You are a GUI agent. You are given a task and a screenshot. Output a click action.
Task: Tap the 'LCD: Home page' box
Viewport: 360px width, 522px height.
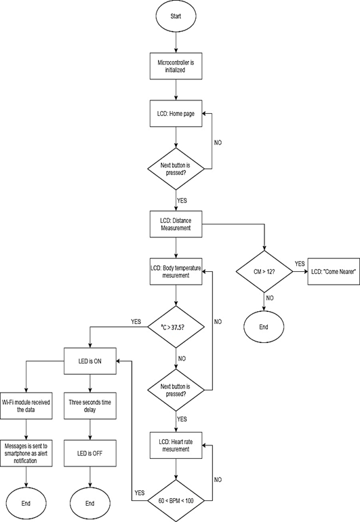click(176, 114)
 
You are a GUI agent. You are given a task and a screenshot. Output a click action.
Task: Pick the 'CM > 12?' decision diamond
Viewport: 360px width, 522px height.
click(264, 272)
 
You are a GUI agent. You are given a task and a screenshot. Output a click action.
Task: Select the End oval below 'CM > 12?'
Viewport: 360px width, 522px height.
click(264, 326)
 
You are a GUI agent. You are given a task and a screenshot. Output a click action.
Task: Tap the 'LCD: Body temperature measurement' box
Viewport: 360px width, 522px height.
click(176, 272)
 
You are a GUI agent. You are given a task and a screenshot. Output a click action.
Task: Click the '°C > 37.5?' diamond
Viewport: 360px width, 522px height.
click(176, 327)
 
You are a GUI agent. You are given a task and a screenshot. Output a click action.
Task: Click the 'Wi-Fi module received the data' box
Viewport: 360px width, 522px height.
click(26, 405)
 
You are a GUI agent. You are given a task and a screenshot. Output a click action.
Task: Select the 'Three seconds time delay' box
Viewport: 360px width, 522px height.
click(89, 405)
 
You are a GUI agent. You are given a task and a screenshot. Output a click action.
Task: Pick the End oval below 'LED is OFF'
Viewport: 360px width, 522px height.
click(89, 503)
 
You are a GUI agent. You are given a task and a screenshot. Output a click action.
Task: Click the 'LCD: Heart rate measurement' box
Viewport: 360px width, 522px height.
click(176, 447)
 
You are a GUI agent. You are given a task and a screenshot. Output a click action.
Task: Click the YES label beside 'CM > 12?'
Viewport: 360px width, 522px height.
click(299, 264)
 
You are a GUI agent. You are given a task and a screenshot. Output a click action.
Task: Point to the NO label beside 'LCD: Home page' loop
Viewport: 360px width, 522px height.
click(218, 143)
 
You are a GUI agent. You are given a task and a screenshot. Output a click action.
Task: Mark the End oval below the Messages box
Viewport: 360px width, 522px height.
click(26, 503)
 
